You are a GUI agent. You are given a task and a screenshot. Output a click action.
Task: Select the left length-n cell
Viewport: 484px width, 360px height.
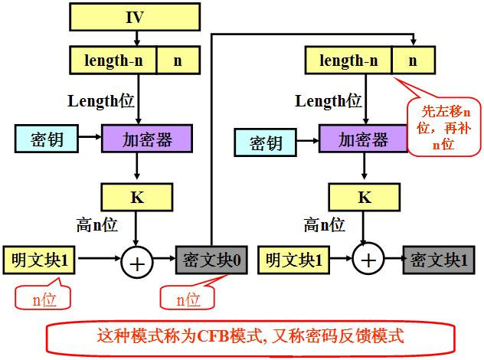(x=113, y=59)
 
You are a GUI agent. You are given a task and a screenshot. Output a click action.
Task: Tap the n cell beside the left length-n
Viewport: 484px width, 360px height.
(x=178, y=59)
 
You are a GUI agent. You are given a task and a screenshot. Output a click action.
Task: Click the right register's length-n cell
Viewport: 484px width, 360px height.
(x=348, y=59)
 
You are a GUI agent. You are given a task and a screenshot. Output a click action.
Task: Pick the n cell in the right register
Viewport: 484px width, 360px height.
(x=412, y=59)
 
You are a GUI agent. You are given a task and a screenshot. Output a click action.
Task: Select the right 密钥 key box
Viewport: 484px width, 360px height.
(x=264, y=142)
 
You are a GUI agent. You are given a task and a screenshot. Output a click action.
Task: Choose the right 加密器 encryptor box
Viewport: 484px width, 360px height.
(x=363, y=139)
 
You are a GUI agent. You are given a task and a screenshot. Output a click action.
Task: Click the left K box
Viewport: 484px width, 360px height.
(x=136, y=197)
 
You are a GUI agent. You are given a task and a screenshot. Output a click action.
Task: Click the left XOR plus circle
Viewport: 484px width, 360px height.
(x=137, y=263)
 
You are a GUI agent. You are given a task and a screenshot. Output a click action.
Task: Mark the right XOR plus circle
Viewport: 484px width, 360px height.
(x=368, y=261)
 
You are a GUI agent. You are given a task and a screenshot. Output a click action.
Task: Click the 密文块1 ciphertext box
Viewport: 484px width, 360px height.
(x=436, y=260)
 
